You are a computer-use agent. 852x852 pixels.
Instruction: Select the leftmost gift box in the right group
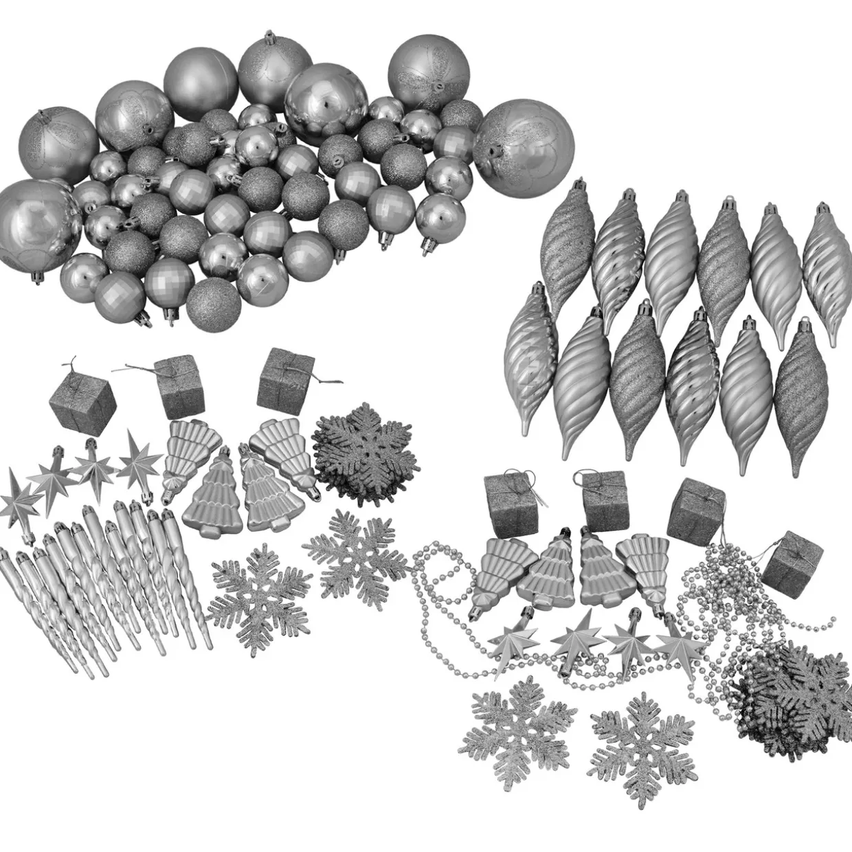[505, 495]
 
